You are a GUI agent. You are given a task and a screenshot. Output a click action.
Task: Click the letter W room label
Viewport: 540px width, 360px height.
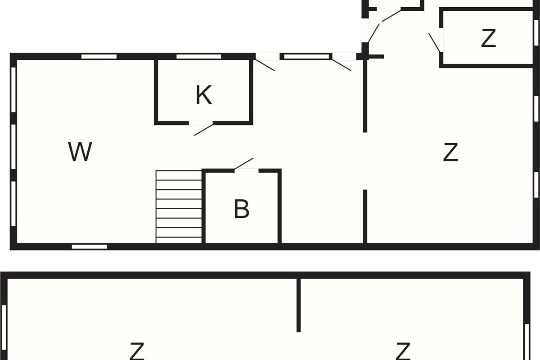tap(80, 152)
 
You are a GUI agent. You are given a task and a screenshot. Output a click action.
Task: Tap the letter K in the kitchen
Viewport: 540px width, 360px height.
tap(204, 95)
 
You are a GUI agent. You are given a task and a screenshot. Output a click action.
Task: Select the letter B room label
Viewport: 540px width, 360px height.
tap(242, 209)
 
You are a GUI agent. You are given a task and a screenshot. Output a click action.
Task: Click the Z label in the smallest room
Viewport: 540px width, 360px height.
tap(488, 38)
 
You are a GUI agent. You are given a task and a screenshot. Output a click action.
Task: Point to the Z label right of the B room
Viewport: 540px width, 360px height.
tap(450, 152)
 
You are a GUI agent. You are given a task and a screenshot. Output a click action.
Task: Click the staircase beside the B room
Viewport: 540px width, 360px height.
tap(179, 207)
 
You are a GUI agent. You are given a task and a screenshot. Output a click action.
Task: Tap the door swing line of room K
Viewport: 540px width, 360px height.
tap(204, 130)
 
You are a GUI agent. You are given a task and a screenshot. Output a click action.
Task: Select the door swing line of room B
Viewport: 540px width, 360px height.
tap(244, 164)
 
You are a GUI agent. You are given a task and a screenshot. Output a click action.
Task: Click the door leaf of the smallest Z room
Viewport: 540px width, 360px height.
tap(434, 43)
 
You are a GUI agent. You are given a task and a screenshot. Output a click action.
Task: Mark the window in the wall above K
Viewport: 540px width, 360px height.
tap(199, 57)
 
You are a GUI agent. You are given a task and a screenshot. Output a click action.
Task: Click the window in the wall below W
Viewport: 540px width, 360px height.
tap(90, 247)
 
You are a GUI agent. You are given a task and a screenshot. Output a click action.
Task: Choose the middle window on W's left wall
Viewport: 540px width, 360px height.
tap(13, 147)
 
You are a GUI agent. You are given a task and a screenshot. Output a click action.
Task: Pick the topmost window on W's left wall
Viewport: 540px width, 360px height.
tap(13, 90)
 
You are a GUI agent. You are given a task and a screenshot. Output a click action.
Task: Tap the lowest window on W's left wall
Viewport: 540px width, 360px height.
tap(13, 204)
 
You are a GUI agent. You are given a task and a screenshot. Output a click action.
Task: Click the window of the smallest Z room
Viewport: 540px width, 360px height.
tap(536, 32)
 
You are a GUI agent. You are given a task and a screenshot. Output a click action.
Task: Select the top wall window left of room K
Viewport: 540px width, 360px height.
tap(99, 57)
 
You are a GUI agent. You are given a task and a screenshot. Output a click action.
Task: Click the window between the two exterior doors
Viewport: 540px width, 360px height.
tap(306, 57)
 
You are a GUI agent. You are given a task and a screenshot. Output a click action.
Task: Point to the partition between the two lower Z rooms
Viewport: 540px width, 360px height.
tap(298, 305)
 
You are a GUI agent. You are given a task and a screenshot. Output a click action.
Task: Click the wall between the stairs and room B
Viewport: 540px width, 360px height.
tap(203, 207)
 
